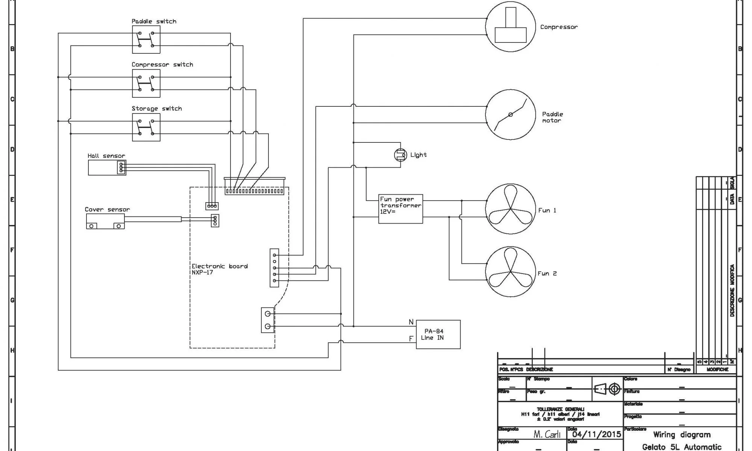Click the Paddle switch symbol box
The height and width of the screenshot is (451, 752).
pyautogui.click(x=146, y=39)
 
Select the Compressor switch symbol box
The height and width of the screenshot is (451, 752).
pyautogui.click(x=146, y=83)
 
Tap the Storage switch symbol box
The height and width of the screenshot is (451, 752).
pyautogui.click(x=146, y=127)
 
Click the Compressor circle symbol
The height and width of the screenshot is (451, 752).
pyautogui.click(x=510, y=27)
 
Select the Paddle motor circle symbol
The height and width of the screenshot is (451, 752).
pyautogui.click(x=510, y=115)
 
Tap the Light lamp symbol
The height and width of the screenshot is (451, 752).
pyautogui.click(x=400, y=155)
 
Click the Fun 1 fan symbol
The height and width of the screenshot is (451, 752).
pyautogui.click(x=510, y=209)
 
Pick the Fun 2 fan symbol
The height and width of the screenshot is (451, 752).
pyautogui.click(x=510, y=272)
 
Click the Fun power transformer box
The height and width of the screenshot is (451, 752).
pyautogui.click(x=400, y=209)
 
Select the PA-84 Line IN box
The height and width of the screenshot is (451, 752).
pyautogui.click(x=438, y=334)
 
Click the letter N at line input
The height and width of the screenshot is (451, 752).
pyautogui.click(x=411, y=322)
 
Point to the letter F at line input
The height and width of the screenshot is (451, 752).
pyautogui.click(x=411, y=339)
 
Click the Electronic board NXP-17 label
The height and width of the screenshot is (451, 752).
pyautogui.click(x=220, y=269)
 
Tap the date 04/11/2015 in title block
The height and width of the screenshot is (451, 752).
pyautogui.click(x=597, y=434)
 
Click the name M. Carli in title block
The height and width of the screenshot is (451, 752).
pyautogui.click(x=547, y=434)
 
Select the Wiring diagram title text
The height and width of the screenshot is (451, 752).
pyautogui.click(x=682, y=435)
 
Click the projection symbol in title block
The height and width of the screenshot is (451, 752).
pyautogui.click(x=607, y=389)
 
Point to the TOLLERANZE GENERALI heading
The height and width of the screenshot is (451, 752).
pyautogui.click(x=560, y=409)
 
